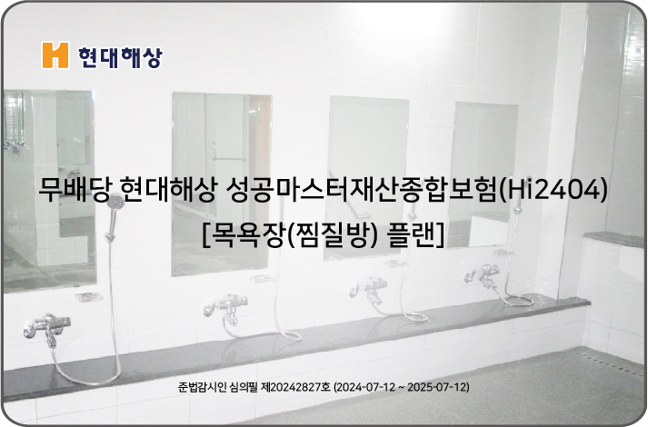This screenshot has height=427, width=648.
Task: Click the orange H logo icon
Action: [55, 55]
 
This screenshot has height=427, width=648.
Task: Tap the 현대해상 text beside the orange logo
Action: [120, 57]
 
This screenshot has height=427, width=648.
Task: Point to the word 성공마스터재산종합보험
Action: [362, 190]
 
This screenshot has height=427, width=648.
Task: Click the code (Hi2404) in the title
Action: [553, 190]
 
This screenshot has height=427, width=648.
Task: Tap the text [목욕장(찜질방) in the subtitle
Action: [290, 235]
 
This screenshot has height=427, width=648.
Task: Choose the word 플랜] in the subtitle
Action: [415, 235]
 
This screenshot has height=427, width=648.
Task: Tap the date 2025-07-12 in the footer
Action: [438, 387]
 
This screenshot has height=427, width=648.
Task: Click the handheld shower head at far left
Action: [115, 204]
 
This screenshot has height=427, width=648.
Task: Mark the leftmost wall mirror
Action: [49, 190]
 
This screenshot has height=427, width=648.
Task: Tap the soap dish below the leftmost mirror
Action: [88, 296]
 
